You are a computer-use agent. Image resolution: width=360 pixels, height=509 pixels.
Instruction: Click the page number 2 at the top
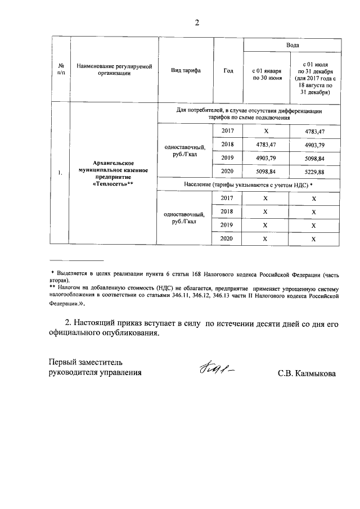point(197,23)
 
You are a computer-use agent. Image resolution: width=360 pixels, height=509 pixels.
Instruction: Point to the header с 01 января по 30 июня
point(267,75)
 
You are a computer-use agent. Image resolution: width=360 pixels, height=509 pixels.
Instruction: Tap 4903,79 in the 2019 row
point(267,157)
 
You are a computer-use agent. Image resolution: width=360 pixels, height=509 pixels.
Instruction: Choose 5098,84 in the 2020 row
point(267,171)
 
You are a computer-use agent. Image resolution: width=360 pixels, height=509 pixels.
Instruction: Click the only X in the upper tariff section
point(267,131)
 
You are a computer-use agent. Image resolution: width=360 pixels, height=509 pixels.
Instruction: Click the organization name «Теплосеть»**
point(112,183)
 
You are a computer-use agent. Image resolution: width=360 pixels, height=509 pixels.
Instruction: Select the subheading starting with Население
point(248,184)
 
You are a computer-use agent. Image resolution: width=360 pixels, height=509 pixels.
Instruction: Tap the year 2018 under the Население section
point(227,211)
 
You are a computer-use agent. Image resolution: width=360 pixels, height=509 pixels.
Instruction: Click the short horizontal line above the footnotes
point(76,261)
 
